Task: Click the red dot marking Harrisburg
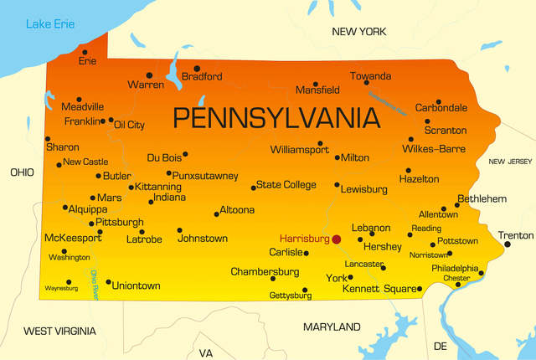(337, 239)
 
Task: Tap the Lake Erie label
(50, 23)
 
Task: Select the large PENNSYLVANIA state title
(276, 117)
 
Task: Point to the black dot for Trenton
(507, 244)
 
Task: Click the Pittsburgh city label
(120, 222)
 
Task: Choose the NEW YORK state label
(358, 31)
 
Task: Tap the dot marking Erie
(84, 52)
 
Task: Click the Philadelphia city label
(455, 268)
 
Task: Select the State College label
(286, 184)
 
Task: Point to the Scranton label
(446, 130)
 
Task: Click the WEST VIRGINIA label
(59, 331)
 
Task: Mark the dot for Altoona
(217, 214)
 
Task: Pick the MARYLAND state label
(332, 326)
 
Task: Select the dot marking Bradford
(197, 69)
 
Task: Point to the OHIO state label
(22, 172)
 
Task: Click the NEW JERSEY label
(510, 162)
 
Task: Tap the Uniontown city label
(136, 285)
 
